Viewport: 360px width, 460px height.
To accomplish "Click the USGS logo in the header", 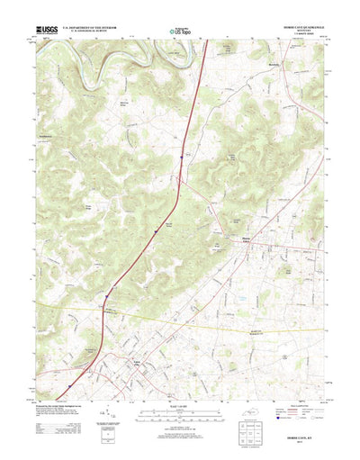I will (x=47, y=31).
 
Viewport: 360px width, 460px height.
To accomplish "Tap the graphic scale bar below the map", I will (x=180, y=392).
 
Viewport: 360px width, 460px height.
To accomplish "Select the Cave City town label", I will (x=137, y=361).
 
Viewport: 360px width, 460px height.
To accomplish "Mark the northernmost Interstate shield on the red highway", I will (x=185, y=154).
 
